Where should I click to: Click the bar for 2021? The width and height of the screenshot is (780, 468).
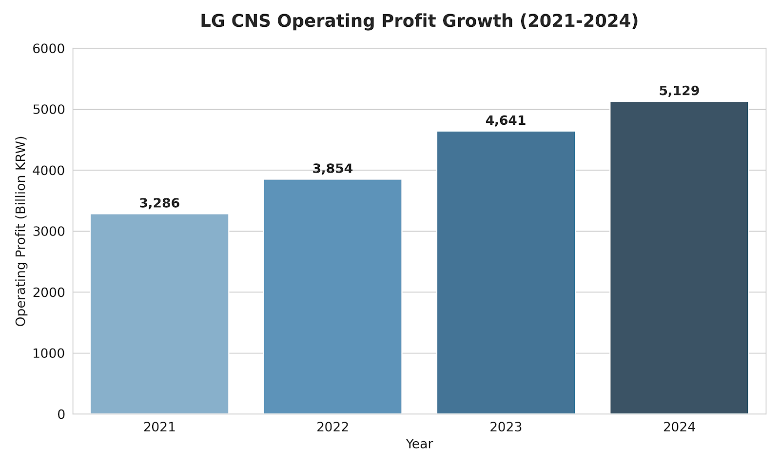click(x=159, y=314)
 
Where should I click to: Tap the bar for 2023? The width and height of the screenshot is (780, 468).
click(x=506, y=273)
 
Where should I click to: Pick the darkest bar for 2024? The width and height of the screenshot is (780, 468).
click(x=679, y=258)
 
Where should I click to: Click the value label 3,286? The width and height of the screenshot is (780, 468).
click(x=159, y=203)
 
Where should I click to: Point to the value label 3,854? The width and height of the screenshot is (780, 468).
click(x=332, y=169)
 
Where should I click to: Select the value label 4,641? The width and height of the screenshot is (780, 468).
click(x=506, y=120)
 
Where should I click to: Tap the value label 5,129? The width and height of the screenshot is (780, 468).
click(x=679, y=91)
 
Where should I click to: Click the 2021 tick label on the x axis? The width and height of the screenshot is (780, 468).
click(x=159, y=428)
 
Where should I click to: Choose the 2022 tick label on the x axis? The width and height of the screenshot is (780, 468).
click(x=332, y=428)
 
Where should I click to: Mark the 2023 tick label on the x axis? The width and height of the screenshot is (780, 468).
click(x=506, y=428)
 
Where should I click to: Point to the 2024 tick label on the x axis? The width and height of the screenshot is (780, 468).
click(x=679, y=428)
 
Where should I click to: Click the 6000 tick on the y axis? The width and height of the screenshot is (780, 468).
click(x=49, y=49)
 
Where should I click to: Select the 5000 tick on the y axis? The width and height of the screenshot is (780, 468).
click(x=49, y=110)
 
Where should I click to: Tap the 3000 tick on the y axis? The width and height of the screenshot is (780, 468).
click(x=49, y=232)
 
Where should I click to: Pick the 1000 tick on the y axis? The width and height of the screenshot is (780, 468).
click(x=49, y=353)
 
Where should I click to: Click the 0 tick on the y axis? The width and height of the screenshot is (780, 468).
click(x=61, y=414)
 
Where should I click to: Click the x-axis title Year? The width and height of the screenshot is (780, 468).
click(x=419, y=444)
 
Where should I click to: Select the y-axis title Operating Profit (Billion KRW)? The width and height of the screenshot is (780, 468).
click(x=20, y=231)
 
